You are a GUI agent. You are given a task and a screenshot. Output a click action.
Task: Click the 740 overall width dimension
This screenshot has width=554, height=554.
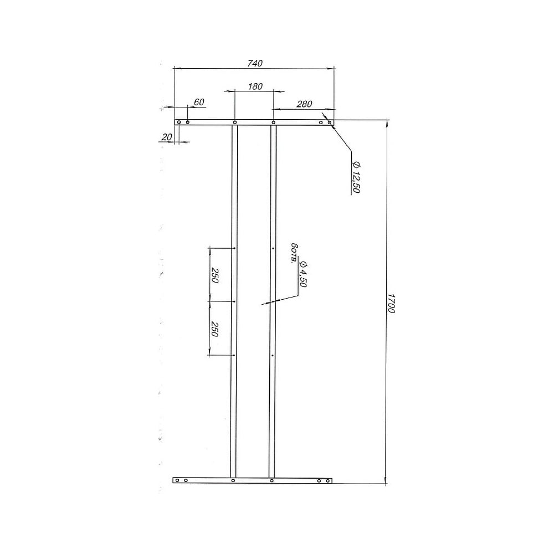pos(255,63)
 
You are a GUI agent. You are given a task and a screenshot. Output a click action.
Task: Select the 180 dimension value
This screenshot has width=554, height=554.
pos(255,86)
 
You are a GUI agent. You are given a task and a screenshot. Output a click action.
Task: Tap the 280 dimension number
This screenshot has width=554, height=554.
pos(304,104)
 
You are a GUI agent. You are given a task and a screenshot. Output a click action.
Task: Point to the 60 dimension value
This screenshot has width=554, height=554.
pos(199,102)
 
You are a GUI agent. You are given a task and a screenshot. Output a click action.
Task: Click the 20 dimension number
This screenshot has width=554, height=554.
pos(166,137)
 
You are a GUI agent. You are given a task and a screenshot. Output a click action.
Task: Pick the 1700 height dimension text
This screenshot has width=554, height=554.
pos(391,303)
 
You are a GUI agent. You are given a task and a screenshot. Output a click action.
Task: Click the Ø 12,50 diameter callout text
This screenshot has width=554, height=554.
pos(356,177)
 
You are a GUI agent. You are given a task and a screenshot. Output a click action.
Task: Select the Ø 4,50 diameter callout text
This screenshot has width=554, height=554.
pos(303,274)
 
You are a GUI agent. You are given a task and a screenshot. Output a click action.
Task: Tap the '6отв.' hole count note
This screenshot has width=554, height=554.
pos(293,253)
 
